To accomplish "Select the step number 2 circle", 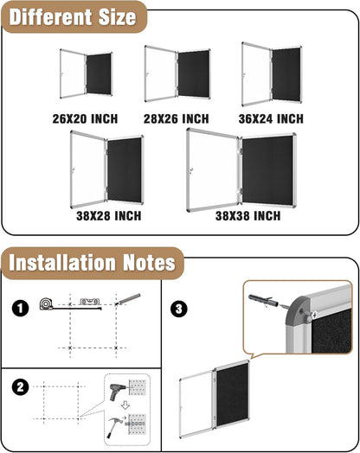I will point(17,387).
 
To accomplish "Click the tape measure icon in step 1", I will point(47,303).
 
